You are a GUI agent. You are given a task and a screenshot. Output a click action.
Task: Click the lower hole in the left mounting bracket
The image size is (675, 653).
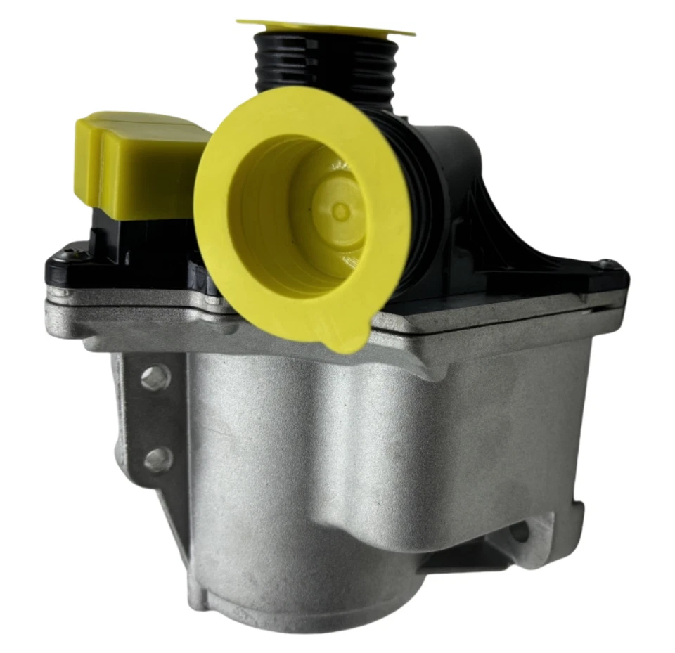pos(156,460)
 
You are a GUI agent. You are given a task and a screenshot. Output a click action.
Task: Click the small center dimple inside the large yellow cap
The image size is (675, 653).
pos(341,211)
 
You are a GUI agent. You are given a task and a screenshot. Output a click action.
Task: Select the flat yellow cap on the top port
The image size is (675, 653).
pos(324,27)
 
